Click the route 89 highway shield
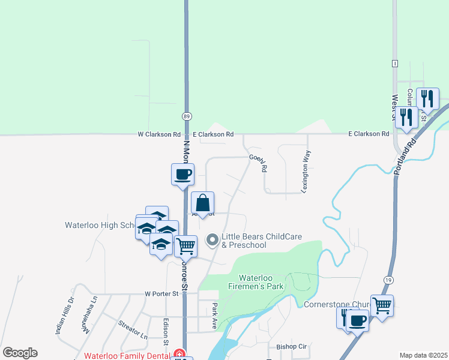pyautogui.click(x=187, y=116)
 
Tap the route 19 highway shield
pyautogui.click(x=387, y=280)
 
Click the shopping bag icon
pyautogui.click(x=203, y=202)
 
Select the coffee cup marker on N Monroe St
pyautogui.click(x=183, y=175)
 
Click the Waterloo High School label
pyautogui.click(x=100, y=226)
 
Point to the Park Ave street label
pyautogui.click(x=214, y=315)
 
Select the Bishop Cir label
pyautogui.click(x=291, y=347)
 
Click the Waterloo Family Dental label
pyautogui.click(x=126, y=355)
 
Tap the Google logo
pyautogui.click(x=20, y=353)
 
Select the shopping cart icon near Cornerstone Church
pyautogui.click(x=382, y=305)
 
